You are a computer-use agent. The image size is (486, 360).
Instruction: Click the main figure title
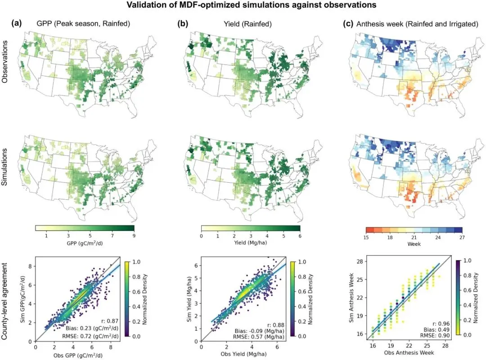pos(252,5)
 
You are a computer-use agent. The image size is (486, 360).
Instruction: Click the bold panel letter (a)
pos(17,23)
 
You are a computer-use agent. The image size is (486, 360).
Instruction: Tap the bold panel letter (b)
pos(183,23)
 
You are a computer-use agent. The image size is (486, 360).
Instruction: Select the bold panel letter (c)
pos(348,24)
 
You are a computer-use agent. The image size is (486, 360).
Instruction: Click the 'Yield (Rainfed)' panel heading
pos(247,24)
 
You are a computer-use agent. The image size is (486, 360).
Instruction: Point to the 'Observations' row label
pos(4,62)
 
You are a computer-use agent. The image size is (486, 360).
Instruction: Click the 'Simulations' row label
pos(4,167)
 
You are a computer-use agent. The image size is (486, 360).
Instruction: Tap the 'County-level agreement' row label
pos(4,301)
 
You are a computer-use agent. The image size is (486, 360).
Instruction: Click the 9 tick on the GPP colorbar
pos(134,236)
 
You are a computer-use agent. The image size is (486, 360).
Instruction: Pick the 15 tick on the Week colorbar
pos(366,237)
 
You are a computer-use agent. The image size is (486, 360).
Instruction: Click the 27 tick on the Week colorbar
pos(462,237)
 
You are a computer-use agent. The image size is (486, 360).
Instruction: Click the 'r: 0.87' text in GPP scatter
pos(110,321)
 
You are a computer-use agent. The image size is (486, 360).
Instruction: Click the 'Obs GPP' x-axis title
pos(78,355)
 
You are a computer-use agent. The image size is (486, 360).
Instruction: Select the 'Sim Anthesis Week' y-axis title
pos(351,297)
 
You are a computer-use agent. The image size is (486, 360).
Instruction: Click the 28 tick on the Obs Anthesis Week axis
pos(445,346)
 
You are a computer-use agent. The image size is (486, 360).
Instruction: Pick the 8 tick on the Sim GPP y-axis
pos(30,266)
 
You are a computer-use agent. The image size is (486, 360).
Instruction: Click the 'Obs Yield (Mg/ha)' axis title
pos(243,354)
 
